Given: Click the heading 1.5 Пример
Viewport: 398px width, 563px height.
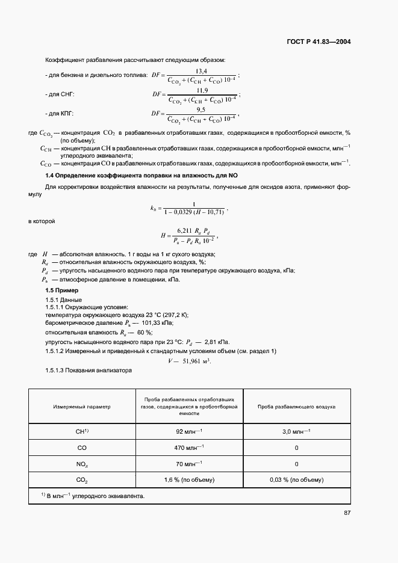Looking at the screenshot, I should pyautogui.click(x=63, y=291).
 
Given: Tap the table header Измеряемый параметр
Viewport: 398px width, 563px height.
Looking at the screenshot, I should pyautogui.click(x=82, y=407).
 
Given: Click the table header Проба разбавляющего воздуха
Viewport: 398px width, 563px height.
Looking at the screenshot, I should pyautogui.click(x=296, y=407).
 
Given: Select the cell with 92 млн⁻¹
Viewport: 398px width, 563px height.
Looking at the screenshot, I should pyautogui.click(x=189, y=431).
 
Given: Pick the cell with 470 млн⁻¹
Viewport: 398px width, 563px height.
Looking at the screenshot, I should pyautogui.click(x=189, y=448).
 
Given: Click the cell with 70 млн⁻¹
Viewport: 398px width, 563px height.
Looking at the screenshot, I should pyautogui.click(x=189, y=464).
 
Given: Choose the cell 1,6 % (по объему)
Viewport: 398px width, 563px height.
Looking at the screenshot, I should pyautogui.click(x=189, y=480).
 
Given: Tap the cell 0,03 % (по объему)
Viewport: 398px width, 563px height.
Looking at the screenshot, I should pyautogui.click(x=296, y=480).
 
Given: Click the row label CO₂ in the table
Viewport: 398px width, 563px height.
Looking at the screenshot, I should pyautogui.click(x=82, y=480).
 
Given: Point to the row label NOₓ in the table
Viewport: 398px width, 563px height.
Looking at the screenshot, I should pyautogui.click(x=82, y=464).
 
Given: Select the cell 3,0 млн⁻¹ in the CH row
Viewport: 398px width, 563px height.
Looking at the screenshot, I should pyautogui.click(x=296, y=431).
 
